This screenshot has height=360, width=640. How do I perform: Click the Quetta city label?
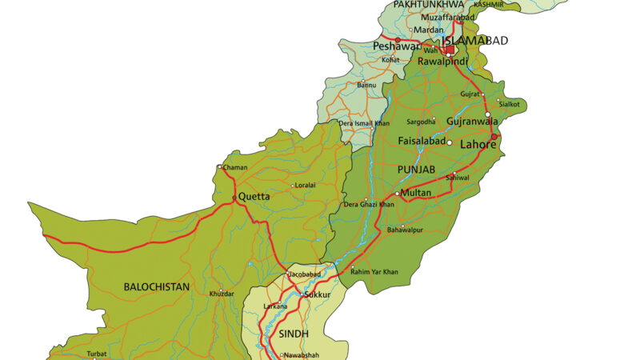(x=254, y=196)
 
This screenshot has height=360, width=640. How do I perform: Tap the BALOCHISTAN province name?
(x=156, y=286)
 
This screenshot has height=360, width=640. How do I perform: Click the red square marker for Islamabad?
(x=450, y=50)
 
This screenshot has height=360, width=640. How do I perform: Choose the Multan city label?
(x=416, y=193)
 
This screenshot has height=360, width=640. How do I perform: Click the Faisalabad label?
(x=422, y=142)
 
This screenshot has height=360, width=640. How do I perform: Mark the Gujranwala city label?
(x=471, y=122)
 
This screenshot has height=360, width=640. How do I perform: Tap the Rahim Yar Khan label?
(x=375, y=272)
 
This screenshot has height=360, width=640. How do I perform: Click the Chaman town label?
(x=235, y=167)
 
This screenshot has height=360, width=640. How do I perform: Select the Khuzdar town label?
(x=222, y=294)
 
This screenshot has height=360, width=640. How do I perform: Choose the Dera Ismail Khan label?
(x=364, y=123)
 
